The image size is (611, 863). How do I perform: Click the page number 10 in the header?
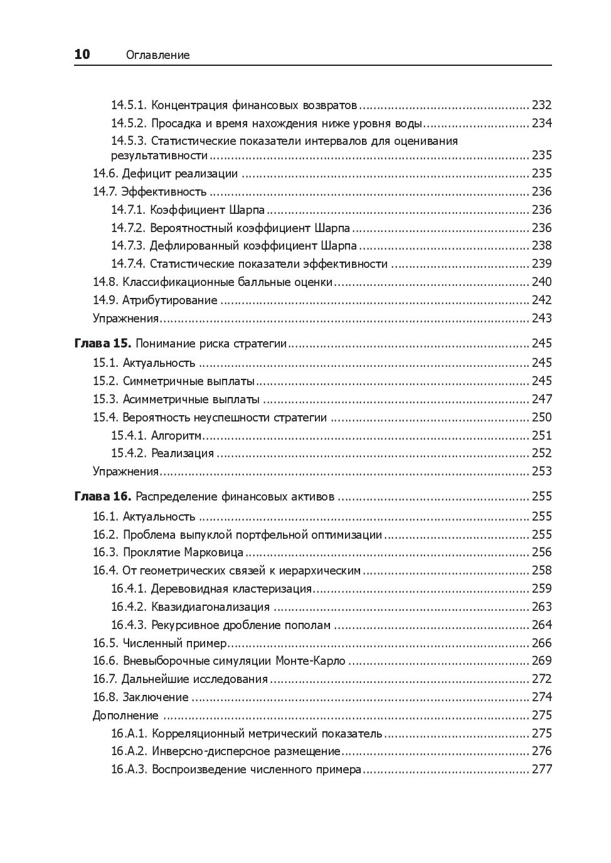tap(82, 55)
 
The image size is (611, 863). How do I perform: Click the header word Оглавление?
tap(157, 55)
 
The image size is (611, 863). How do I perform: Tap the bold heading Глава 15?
tap(102, 343)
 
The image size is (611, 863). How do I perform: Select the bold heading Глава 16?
tap(102, 496)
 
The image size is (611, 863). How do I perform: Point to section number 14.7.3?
tap(128, 245)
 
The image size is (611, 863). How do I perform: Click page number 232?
tap(541, 105)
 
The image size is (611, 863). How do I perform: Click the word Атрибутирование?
tap(169, 300)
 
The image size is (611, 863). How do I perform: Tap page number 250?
tap(541, 417)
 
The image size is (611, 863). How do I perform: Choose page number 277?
tap(541, 769)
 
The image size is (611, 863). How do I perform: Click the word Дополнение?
tap(125, 715)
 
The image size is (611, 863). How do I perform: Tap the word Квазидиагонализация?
tap(210, 606)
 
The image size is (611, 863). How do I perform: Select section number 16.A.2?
tap(129, 751)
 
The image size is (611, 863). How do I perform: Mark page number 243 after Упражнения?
tap(541, 318)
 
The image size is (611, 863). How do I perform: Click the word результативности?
tap(159, 155)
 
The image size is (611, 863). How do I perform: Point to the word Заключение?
tap(156, 697)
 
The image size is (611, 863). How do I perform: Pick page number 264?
tap(541, 625)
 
